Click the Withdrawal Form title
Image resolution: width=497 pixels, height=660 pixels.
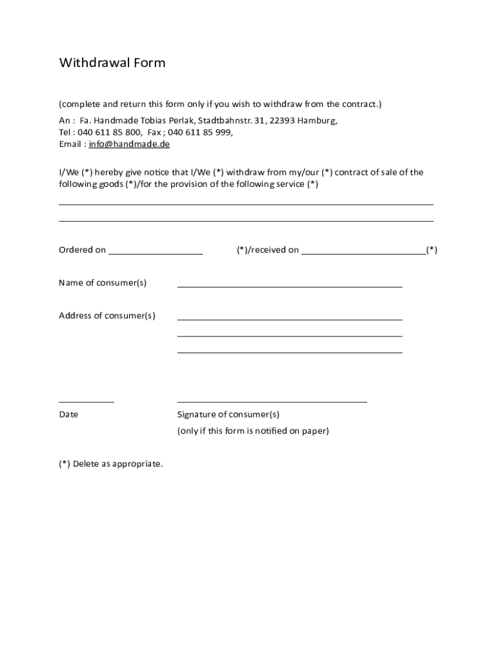112,63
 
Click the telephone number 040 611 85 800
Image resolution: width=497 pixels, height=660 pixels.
110,132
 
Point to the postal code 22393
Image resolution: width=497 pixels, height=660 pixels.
282,121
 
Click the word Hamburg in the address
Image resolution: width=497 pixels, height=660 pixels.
317,121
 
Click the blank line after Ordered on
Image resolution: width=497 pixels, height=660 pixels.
156,254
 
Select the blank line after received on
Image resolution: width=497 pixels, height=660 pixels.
363,254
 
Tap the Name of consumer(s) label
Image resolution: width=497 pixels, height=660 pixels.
103,283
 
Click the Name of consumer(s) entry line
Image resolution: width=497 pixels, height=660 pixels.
289,286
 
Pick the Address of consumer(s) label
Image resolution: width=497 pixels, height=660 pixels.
107,316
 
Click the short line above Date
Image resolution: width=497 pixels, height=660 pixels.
86,402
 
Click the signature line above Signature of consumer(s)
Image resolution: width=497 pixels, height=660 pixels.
272,402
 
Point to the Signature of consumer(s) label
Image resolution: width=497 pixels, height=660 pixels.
228,414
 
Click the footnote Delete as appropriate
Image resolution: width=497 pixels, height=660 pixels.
111,464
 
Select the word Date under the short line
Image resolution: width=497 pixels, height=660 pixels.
68,414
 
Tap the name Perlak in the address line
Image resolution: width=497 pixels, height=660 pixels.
181,121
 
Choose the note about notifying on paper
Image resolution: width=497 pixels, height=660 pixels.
253,431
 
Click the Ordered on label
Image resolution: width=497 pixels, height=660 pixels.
82,250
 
